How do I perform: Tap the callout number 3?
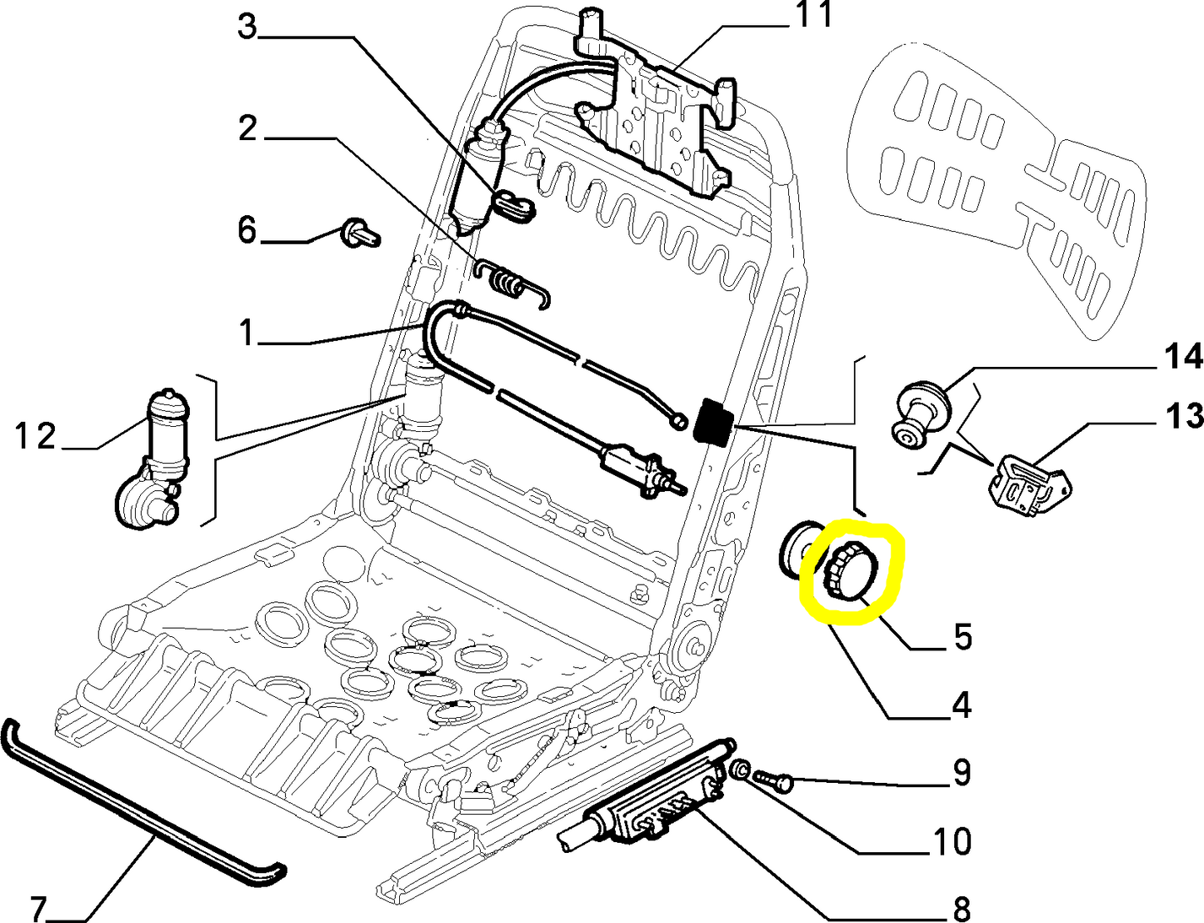247,26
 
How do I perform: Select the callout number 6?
247,229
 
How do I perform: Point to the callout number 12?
35,436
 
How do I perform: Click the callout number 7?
39,907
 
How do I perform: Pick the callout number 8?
961,907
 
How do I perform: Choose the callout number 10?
952,841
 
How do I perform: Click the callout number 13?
1184,415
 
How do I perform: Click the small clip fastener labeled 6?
361,233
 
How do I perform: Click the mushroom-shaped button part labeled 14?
918,413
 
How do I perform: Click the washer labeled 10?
738,768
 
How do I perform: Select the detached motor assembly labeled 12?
154,460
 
